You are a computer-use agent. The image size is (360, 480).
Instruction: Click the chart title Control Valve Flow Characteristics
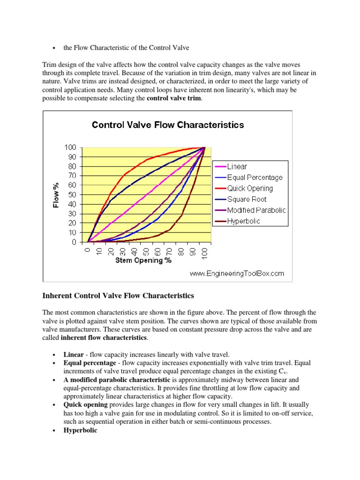click(x=168, y=125)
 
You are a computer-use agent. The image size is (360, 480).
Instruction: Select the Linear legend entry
click(x=237, y=166)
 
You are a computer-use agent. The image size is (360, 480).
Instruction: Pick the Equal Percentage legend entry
click(x=255, y=178)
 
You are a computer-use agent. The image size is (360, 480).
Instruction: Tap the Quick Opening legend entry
click(x=250, y=188)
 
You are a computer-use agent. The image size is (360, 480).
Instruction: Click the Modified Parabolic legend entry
click(x=256, y=210)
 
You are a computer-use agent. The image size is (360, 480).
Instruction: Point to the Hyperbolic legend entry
click(x=244, y=221)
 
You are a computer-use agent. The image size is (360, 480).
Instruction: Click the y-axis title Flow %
click(x=56, y=195)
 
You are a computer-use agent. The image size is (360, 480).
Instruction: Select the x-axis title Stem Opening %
click(x=143, y=261)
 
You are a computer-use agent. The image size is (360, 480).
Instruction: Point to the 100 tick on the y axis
click(x=70, y=147)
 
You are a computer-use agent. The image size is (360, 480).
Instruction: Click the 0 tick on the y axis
click(x=74, y=242)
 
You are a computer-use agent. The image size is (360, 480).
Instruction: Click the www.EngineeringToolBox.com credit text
click(x=237, y=273)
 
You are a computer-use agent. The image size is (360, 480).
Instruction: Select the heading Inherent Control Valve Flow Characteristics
click(x=118, y=296)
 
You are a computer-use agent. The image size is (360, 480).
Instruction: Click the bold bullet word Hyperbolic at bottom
click(x=81, y=430)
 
